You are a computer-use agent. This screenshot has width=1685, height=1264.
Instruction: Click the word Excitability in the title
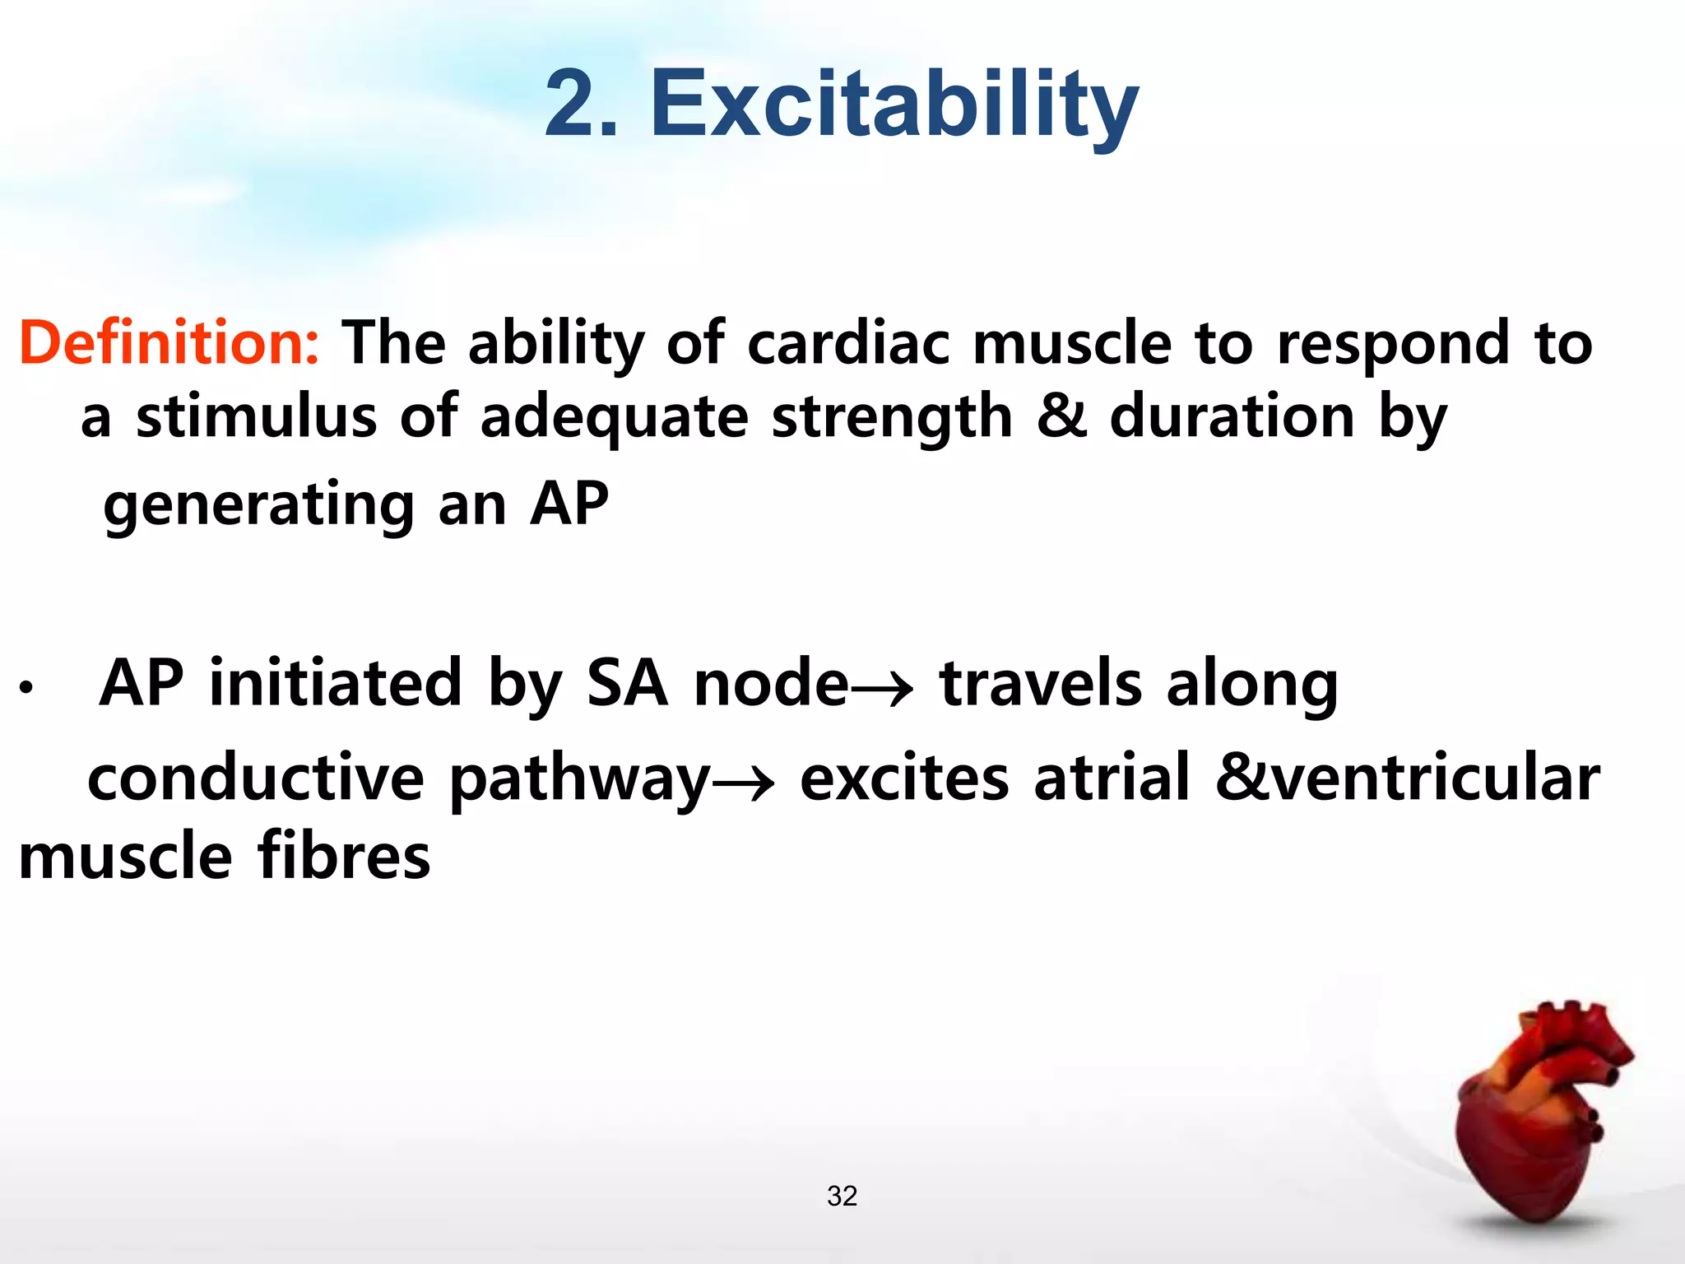point(894,105)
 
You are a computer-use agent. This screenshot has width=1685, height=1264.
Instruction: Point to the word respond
point(1392,344)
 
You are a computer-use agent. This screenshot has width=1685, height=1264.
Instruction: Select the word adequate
point(614,418)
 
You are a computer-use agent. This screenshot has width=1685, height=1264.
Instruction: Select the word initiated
point(335,683)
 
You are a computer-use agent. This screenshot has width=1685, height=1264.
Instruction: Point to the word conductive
point(255,778)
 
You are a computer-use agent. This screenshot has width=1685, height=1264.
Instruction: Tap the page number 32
point(842,1196)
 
